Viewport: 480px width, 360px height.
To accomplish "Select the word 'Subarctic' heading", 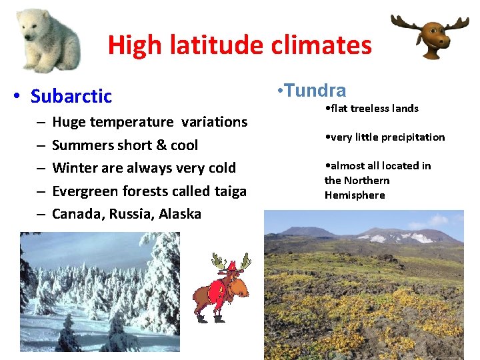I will coord(71,96).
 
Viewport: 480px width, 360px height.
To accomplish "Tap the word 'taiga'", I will coord(228,191).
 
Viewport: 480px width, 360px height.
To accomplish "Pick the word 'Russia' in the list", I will coord(129,214).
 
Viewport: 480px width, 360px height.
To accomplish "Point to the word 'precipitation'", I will coord(412,137).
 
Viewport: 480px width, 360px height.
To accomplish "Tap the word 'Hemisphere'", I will coord(355,195).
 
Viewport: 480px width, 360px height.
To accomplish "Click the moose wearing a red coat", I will coord(221,287).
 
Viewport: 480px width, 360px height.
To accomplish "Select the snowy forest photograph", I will coord(100,291).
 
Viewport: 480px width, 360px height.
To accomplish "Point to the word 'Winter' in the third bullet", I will coord(73,168).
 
